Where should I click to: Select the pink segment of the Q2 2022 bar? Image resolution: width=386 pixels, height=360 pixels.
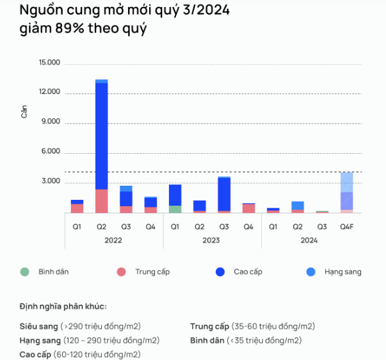click(101, 200)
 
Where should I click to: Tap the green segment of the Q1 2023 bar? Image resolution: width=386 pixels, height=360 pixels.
click(175, 209)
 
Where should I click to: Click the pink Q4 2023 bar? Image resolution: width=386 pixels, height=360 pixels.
click(248, 208)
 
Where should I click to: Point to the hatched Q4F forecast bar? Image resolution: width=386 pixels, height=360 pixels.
click(346, 192)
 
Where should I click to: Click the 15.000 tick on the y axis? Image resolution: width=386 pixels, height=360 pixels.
click(49, 63)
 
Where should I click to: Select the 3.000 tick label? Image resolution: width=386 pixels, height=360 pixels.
click(51, 181)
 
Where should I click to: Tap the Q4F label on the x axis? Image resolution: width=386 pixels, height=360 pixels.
click(346, 226)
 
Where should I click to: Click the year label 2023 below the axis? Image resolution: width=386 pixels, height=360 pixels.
click(212, 240)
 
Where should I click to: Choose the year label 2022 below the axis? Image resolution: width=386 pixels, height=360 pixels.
click(113, 240)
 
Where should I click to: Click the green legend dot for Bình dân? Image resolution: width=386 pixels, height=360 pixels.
click(24, 272)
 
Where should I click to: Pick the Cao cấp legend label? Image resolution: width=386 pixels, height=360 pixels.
click(248, 272)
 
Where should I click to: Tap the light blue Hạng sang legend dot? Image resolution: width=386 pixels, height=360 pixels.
click(310, 272)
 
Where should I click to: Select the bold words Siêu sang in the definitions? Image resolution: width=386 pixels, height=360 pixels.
click(38, 326)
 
